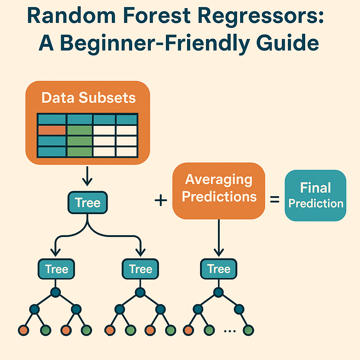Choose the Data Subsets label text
pyautogui.click(x=88, y=97)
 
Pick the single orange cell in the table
pyautogui.click(x=52, y=130)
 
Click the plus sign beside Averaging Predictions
pyautogui.click(x=161, y=201)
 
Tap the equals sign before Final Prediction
pyautogui.click(x=274, y=200)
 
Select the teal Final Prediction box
pyautogui.click(x=315, y=195)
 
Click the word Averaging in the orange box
pyautogui.click(x=219, y=180)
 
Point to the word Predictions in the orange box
pyautogui.click(x=219, y=197)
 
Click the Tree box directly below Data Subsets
pyautogui.click(x=88, y=203)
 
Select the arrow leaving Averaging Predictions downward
pyautogui.click(x=219, y=237)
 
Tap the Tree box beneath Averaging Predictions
pyautogui.click(x=219, y=269)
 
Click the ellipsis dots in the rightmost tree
pyautogui.click(x=229, y=330)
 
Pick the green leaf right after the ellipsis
pyautogui.click(x=248, y=330)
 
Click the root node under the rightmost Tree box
pyautogui.click(x=219, y=292)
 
